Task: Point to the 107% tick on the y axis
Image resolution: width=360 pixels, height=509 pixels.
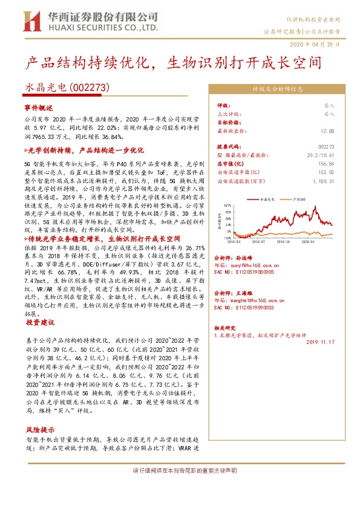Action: coord(227,206)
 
